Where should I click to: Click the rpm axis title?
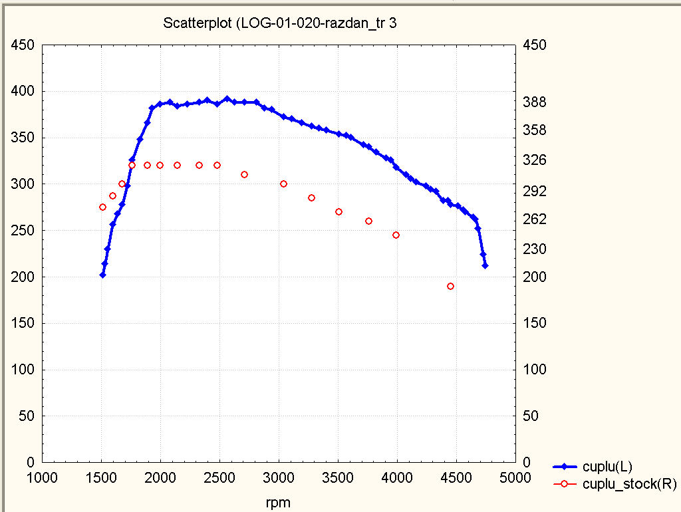coord(277,503)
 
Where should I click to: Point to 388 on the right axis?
coord(535,102)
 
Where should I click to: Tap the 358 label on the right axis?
coord(535,130)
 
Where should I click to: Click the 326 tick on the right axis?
coord(535,160)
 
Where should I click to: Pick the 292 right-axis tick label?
coord(535,192)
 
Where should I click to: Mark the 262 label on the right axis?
coord(535,219)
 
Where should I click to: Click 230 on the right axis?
coord(535,249)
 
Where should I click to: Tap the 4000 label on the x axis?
coord(397,478)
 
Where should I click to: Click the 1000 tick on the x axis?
coord(42,478)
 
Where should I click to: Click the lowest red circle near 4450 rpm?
coord(450,286)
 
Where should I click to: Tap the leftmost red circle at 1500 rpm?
coord(102,207)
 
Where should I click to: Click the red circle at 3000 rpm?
coord(283,184)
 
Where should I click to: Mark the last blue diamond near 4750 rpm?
coord(485,265)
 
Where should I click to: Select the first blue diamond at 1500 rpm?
coord(102,275)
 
